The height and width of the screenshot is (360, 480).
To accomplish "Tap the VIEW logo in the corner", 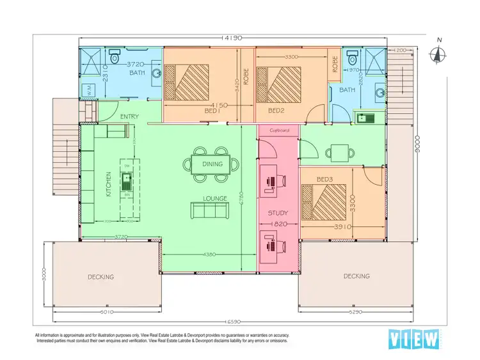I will (414, 339).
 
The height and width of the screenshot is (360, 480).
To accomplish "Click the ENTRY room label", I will (129, 116).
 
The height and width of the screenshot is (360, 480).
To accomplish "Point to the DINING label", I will (212, 164).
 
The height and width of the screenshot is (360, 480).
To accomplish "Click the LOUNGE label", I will (215, 198).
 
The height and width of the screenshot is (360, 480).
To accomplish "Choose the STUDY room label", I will (278, 213).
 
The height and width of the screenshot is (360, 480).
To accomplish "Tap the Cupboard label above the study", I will (279, 130).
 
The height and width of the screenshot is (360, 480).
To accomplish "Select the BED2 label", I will (276, 111).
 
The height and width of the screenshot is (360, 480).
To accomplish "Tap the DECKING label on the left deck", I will (100, 277).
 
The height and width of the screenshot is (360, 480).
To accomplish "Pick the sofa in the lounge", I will (210, 208).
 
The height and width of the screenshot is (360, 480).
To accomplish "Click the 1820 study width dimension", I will (278, 225).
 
